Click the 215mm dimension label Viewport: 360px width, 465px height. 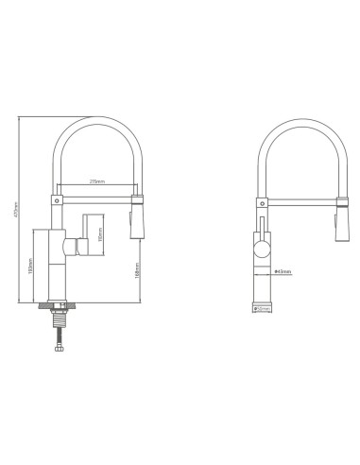(95, 181)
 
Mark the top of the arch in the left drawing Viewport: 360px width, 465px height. (97, 117)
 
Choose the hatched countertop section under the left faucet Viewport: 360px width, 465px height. (57, 307)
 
